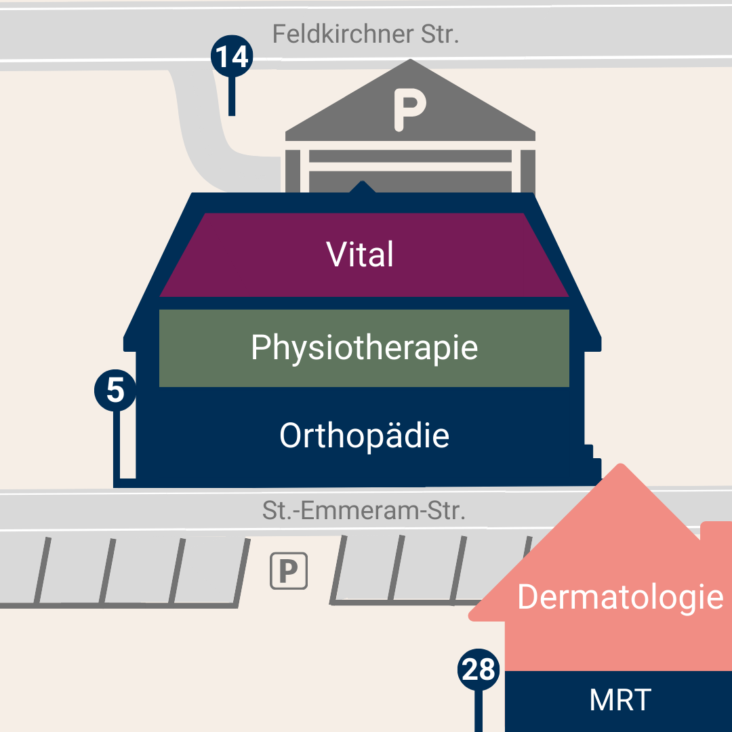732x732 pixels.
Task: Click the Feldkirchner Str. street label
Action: (x=365, y=34)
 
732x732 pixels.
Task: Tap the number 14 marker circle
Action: (x=232, y=57)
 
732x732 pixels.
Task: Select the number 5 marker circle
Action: (x=116, y=391)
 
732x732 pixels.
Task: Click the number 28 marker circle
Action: (x=479, y=670)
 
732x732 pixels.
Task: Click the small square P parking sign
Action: (x=289, y=571)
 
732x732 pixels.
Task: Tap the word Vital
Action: (x=360, y=255)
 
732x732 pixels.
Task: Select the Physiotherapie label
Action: (x=364, y=348)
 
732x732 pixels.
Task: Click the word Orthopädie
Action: (x=364, y=435)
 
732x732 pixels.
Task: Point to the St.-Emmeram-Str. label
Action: (x=364, y=510)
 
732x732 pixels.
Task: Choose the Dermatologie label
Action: (x=620, y=598)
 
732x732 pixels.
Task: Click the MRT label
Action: (x=620, y=700)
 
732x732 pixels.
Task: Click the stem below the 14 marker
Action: (x=232, y=95)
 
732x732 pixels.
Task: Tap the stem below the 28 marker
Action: (x=479, y=712)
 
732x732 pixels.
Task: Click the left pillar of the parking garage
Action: (x=292, y=169)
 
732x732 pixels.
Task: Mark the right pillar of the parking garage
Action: (x=528, y=169)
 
